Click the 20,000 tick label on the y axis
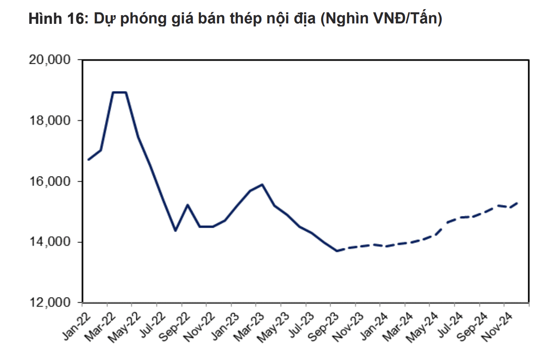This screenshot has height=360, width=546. (x=52, y=60)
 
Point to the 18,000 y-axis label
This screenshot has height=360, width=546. (x=52, y=121)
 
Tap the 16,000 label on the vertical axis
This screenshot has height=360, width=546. (x=52, y=181)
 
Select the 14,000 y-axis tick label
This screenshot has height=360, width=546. (x=52, y=242)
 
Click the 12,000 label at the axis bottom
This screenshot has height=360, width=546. (x=52, y=303)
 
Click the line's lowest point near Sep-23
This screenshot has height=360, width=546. (x=336, y=251)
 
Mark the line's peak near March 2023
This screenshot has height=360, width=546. (x=262, y=184)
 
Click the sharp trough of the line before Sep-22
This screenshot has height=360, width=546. (x=175, y=231)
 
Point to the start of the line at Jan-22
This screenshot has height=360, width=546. (x=88, y=160)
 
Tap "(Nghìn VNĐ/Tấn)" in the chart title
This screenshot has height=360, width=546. (x=381, y=19)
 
